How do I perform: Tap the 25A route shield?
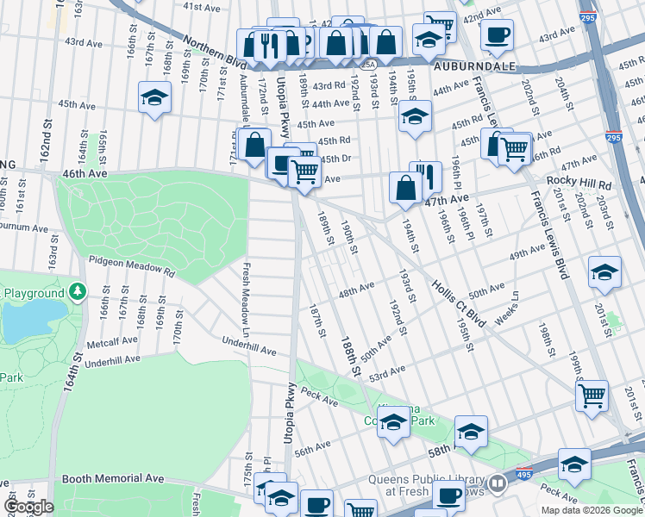click(369, 64)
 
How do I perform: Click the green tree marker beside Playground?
click(78, 293)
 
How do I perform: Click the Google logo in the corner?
click(28, 507)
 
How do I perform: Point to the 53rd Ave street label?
click(387, 371)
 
